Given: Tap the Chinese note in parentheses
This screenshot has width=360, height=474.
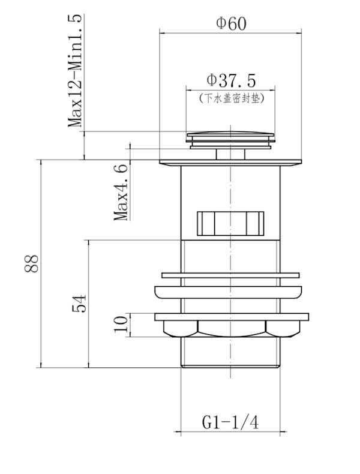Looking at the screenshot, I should click(231, 97).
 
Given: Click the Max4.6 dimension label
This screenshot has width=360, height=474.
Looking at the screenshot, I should click(122, 191).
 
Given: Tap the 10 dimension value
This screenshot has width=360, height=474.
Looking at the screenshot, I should click(122, 324).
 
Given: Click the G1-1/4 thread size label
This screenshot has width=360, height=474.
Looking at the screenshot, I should click(230, 422).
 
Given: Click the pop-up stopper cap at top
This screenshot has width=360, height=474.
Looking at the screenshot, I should click(231, 137).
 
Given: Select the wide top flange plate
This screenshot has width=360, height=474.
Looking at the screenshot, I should click(231, 161).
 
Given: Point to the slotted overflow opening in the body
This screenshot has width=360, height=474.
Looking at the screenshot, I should click(231, 223).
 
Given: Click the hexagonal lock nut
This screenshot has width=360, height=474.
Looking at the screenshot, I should click(231, 329).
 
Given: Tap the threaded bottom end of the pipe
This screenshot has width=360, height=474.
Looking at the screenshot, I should click(231, 354).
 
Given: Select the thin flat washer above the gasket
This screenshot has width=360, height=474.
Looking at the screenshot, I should click(231, 276).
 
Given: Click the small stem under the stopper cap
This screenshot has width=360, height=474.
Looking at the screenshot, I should click(231, 154).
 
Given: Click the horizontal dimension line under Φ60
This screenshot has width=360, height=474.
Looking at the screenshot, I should click(231, 34).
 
